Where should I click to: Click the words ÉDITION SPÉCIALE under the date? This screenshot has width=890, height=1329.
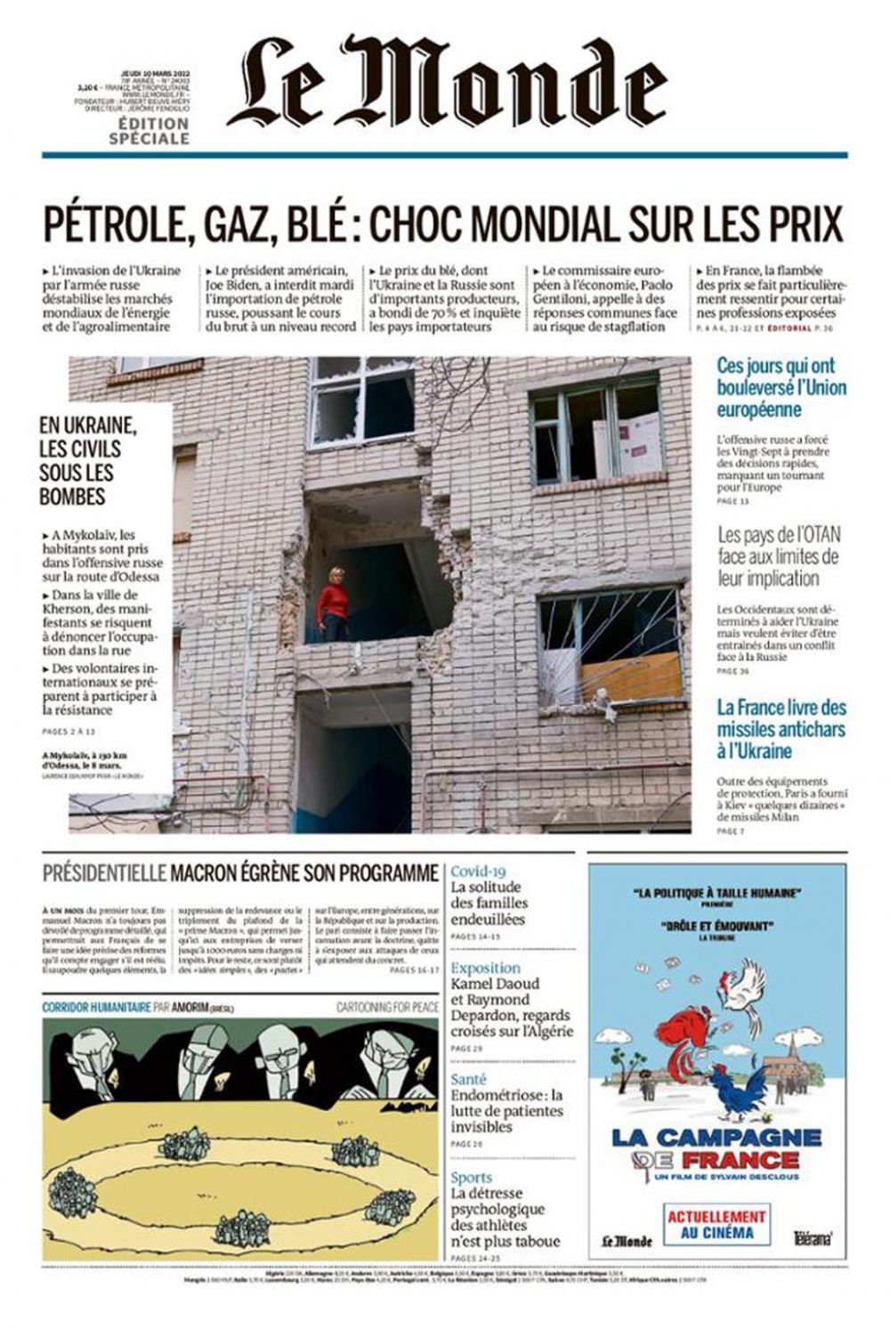click(x=149, y=132)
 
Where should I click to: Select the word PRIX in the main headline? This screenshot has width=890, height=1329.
click(x=806, y=223)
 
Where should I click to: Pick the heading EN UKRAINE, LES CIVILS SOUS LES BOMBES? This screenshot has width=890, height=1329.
click(x=88, y=460)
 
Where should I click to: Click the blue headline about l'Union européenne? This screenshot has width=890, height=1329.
click(x=781, y=387)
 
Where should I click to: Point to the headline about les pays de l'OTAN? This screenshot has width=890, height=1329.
click(x=779, y=556)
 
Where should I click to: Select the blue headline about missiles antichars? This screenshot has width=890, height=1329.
click(x=781, y=729)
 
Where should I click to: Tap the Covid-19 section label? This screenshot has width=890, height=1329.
click(x=478, y=871)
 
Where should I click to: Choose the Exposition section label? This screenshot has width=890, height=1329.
click(x=486, y=968)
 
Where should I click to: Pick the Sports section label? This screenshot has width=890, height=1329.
click(x=472, y=1177)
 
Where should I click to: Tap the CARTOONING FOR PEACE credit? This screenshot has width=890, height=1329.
click(x=387, y=1007)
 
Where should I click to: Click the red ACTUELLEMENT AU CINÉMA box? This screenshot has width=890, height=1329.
click(x=716, y=1224)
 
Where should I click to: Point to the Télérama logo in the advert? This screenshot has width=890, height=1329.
click(x=813, y=1237)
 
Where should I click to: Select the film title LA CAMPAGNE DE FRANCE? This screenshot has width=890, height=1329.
click(x=716, y=1147)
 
